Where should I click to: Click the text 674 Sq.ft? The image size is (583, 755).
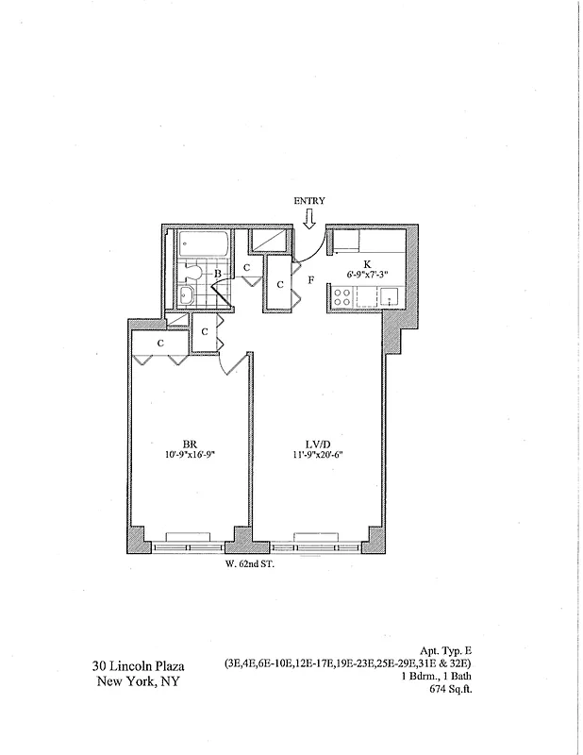coord(449,691)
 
